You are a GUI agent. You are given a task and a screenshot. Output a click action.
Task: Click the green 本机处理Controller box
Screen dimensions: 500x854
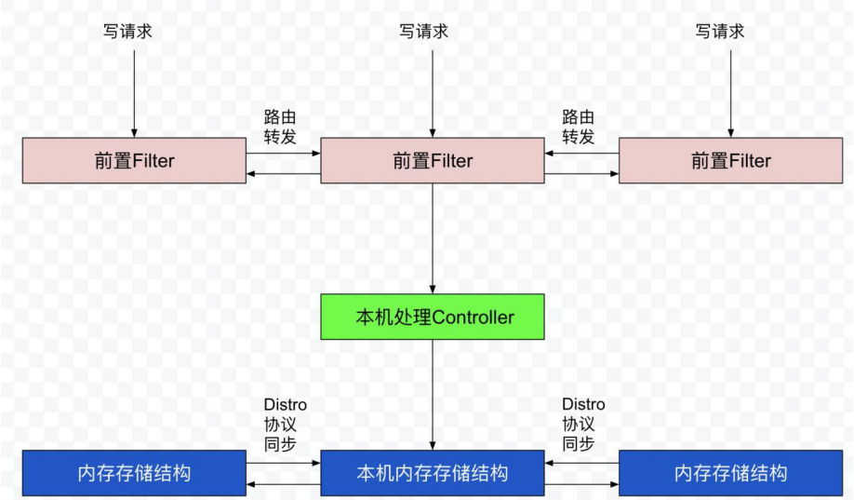tap(433, 317)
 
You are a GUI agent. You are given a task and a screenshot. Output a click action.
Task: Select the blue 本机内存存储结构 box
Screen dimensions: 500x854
tap(433, 473)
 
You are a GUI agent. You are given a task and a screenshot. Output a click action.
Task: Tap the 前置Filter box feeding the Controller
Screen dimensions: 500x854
tap(433, 161)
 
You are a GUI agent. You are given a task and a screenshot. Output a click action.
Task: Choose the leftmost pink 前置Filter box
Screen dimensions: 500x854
tap(134, 161)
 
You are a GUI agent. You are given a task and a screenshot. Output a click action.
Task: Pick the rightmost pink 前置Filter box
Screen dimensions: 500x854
tap(730, 161)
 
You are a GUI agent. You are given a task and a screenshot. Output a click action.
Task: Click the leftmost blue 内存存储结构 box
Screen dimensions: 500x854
tap(134, 473)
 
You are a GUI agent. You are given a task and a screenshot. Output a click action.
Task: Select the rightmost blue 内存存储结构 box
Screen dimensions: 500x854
tap(730, 473)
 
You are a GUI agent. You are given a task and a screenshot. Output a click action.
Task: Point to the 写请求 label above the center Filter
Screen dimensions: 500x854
tap(423, 32)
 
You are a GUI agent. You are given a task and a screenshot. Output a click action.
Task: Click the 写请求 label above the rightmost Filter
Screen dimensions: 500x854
tap(720, 32)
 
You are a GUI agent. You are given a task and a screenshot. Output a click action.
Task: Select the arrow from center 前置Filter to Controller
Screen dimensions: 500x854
tap(433, 237)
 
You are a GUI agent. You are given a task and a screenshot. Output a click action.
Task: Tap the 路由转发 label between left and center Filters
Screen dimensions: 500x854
tap(280, 127)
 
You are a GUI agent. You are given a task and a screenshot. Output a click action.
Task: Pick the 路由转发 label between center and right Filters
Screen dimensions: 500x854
tap(578, 127)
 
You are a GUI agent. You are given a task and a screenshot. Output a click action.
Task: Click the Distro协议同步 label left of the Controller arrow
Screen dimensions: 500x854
tap(284, 425)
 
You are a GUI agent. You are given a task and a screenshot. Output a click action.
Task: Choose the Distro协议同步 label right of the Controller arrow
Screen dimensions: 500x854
tap(582, 425)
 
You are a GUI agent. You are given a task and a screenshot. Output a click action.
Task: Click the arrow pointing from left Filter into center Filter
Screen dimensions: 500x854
tap(284, 154)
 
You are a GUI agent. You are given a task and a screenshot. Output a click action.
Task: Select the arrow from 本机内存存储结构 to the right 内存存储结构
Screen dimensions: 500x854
tap(581, 485)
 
